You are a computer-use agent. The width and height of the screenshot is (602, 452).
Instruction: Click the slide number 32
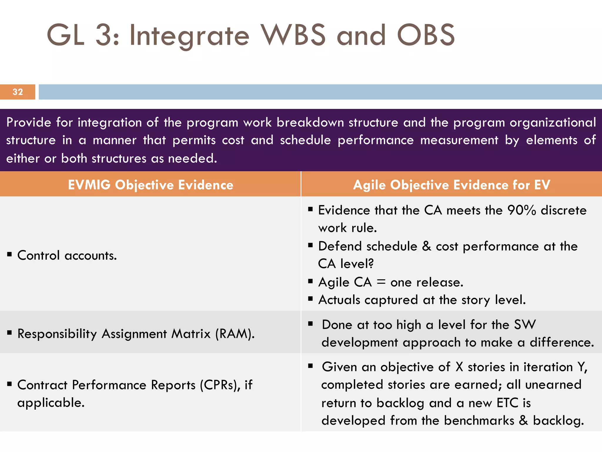[x=18, y=92]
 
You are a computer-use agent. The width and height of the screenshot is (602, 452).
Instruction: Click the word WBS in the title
[x=294, y=35]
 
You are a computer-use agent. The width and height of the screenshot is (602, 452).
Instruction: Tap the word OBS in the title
[x=426, y=35]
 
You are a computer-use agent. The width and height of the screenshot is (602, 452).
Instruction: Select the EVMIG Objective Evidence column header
[x=150, y=185]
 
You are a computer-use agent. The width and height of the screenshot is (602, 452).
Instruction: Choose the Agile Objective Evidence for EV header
[x=451, y=185]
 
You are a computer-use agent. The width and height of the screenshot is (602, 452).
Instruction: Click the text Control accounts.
[x=67, y=255]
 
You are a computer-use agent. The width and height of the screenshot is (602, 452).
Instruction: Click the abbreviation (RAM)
[x=235, y=334]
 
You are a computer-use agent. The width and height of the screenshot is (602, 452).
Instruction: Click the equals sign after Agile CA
[x=381, y=282]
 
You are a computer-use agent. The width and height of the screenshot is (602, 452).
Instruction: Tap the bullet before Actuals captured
[x=310, y=299]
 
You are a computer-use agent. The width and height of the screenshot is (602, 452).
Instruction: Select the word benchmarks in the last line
[x=479, y=421]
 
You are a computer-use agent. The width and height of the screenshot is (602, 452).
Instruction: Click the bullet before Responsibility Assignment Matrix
[x=10, y=333]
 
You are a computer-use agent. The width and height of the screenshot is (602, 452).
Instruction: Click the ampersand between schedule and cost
[x=427, y=246]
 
